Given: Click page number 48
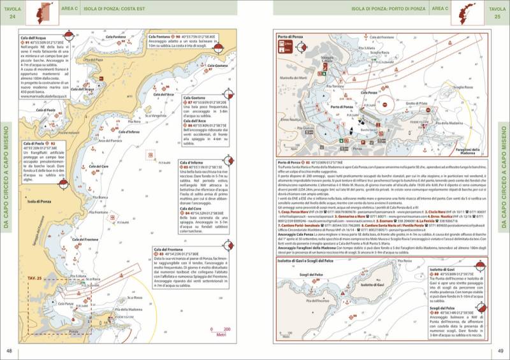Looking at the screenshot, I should [9, 350].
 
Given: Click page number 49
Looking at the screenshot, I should [501, 350].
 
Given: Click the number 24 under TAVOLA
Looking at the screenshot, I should [12, 15].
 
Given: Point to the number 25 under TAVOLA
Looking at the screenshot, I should [496, 15].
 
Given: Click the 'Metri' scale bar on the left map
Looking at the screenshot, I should [222, 335].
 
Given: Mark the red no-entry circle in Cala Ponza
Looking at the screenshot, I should [384, 102].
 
